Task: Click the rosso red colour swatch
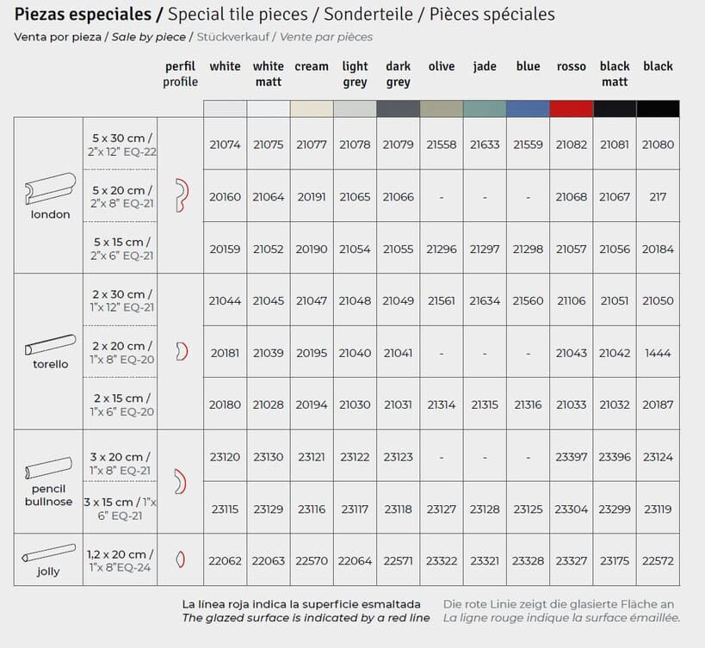click(572, 108)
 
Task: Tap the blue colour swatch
click(528, 108)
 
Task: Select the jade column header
click(485, 66)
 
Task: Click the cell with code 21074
click(226, 145)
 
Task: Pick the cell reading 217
click(658, 197)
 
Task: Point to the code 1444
click(658, 353)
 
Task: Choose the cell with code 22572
click(658, 560)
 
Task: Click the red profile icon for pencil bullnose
click(180, 482)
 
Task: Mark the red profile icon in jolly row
click(180, 559)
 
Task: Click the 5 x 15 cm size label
click(121, 243)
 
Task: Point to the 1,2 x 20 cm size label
click(121, 554)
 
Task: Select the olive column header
click(442, 66)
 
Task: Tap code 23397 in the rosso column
click(572, 457)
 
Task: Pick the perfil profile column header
click(180, 74)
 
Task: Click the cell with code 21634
click(485, 301)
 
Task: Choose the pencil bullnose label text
click(48, 495)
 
